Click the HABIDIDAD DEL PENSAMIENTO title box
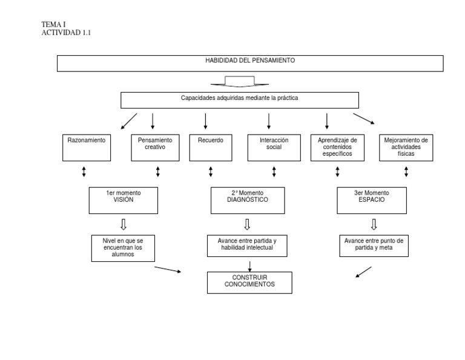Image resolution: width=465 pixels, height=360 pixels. [x=250, y=64]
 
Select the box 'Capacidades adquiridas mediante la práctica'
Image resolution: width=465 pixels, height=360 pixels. [x=240, y=100]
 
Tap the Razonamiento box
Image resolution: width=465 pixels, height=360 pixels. [x=87, y=147]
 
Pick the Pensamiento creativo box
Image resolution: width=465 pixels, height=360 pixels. [x=155, y=147]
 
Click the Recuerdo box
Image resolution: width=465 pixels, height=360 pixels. [x=210, y=147]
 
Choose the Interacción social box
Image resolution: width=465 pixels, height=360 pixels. [x=274, y=147]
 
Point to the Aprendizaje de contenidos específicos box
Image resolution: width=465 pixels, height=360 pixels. [x=337, y=147]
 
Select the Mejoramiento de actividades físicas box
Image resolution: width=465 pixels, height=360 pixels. [x=406, y=147]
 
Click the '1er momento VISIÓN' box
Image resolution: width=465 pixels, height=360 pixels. [x=124, y=200]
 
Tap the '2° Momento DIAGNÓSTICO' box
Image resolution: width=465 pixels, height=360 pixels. [x=247, y=200]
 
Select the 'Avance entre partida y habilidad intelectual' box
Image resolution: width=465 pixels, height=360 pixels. [x=247, y=245]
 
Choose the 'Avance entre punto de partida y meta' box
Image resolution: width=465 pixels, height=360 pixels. [x=374, y=245]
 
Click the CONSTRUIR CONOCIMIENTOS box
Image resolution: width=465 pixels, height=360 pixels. [x=249, y=282]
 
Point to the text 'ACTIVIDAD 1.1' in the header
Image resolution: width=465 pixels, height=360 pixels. [x=65, y=33]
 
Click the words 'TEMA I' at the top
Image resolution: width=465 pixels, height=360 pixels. [x=53, y=24]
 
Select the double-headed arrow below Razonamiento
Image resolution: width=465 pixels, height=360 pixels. [x=84, y=172]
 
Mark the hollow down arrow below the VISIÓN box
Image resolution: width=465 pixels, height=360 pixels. [x=124, y=224]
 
